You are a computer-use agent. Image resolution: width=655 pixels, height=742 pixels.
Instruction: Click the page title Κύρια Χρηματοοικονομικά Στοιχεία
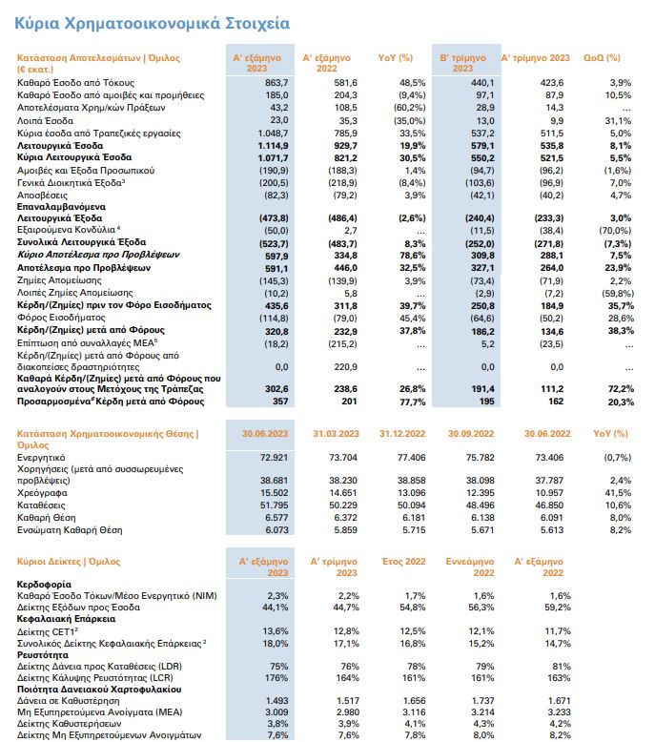152,23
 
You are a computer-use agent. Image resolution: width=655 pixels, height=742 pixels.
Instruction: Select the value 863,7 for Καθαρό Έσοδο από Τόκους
276,83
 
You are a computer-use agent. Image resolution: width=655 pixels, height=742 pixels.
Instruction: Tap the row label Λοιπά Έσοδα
45,121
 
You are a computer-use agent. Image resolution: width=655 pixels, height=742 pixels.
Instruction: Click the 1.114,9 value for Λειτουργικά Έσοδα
274,146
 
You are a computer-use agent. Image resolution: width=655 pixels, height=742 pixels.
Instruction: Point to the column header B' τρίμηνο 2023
462,63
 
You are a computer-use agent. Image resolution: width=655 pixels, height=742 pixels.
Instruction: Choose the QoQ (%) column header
602,58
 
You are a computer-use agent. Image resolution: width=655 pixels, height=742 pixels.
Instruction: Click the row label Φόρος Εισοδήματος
61,318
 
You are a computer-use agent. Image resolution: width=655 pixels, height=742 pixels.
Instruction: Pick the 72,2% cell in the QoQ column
621,389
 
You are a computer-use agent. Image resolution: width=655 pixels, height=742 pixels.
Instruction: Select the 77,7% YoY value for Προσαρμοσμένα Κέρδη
413,402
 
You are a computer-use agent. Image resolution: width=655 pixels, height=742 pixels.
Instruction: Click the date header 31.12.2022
402,433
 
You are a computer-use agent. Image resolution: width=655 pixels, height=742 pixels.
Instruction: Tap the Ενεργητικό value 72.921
275,458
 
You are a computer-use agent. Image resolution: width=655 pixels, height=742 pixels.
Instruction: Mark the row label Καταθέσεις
41,505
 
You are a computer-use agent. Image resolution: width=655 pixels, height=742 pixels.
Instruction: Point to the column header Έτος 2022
403,561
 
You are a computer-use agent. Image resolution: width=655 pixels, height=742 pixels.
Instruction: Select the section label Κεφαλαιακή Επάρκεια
66,619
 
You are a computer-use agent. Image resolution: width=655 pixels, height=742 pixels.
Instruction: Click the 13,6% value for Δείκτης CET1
276,631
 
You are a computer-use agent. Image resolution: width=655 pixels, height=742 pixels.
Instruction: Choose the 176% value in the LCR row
276,678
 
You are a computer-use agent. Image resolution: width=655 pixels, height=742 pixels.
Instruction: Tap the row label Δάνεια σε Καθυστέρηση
68,701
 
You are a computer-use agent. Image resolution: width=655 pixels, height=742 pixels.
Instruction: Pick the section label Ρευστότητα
43,655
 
